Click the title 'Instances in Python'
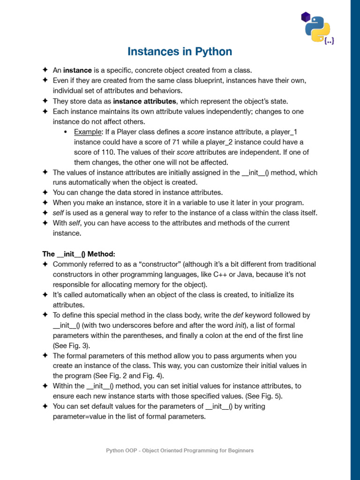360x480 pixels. [180, 52]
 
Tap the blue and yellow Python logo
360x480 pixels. [317, 28]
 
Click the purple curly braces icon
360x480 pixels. [329, 41]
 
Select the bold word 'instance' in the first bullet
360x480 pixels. [77, 70]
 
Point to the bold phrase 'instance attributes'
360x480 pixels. [144, 101]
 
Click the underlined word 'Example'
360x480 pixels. [87, 132]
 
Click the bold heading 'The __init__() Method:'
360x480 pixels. [78, 254]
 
